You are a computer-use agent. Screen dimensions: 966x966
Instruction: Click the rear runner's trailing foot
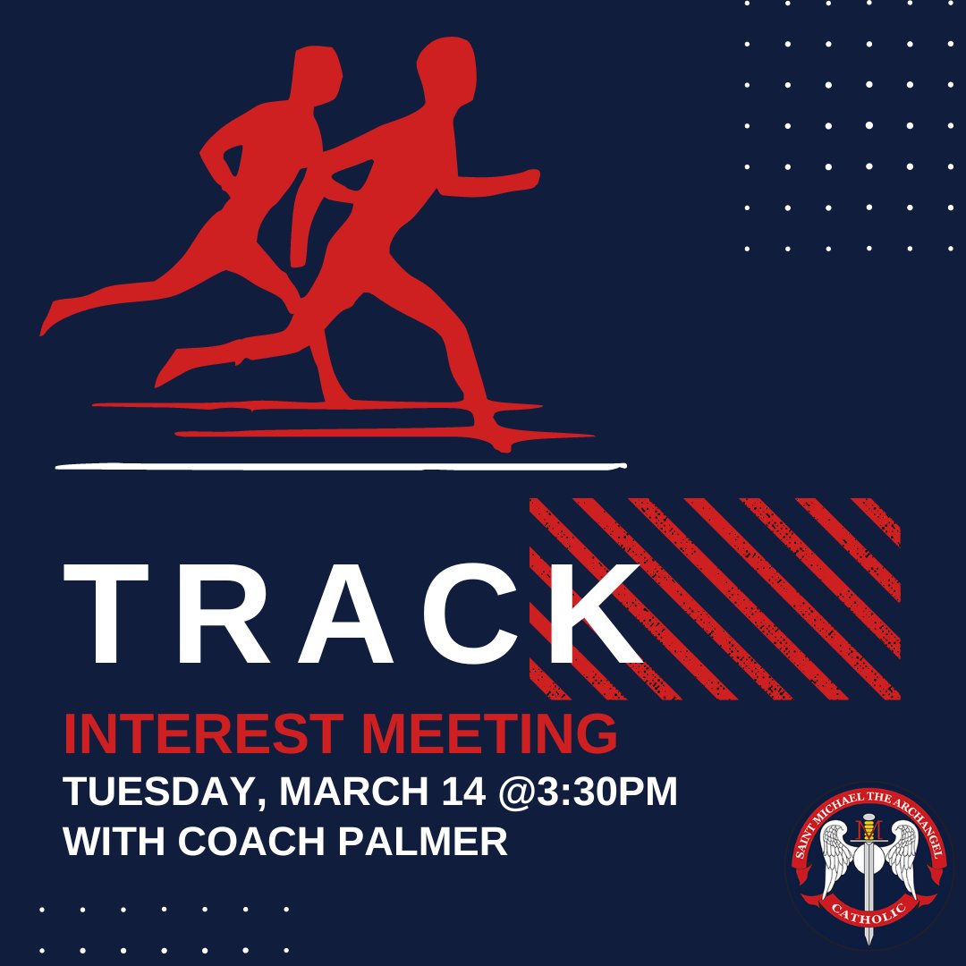click(x=54, y=316)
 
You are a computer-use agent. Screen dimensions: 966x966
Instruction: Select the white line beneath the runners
click(x=340, y=465)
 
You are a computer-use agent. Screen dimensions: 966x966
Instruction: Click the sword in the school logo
click(x=868, y=872)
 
